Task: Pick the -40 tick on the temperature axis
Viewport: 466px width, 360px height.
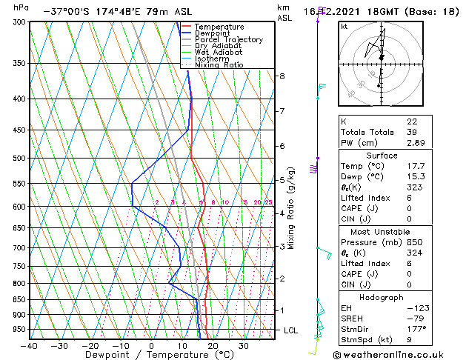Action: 30,346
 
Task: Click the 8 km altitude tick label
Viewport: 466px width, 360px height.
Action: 282,76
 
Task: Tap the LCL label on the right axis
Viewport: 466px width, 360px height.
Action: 290,330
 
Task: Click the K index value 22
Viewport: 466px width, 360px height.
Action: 411,121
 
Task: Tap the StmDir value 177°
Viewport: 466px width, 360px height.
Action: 416,328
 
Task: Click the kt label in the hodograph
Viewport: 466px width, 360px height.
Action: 344,26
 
